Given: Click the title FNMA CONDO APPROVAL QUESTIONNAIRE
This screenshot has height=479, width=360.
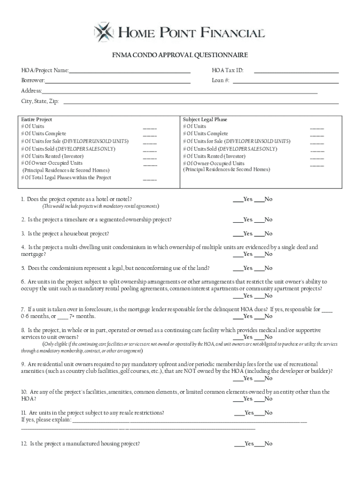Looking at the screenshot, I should tap(180, 55).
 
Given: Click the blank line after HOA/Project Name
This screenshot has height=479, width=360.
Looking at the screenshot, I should tap(130, 72).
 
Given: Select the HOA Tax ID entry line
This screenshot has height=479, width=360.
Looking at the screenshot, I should tap(296, 72).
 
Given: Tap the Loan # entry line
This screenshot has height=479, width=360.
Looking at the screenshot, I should tap(285, 81).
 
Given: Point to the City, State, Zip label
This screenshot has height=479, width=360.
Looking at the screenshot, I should tap(40, 101).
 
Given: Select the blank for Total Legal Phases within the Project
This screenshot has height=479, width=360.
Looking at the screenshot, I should tap(150, 179).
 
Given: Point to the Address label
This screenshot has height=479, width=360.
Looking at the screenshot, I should tap(31, 91).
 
